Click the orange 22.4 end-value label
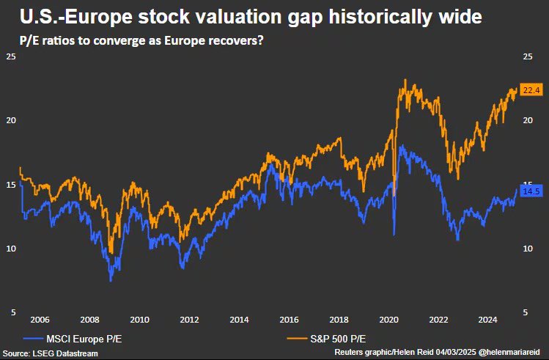coord(530,90)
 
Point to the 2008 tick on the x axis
coord(89,320)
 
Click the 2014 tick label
coord(239,320)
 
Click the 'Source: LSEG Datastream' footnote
coord(49,353)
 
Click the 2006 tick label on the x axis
coord(40,320)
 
